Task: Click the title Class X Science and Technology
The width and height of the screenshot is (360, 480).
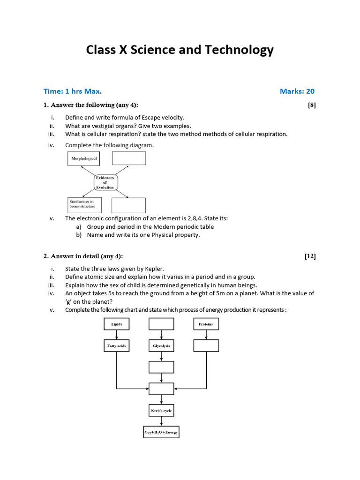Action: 180,51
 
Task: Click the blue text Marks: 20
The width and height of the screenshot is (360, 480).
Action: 297,91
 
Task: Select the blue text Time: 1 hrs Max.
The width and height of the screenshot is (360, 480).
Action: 73,91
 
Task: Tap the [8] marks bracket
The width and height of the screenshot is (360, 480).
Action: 312,105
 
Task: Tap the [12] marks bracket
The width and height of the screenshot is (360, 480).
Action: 310,256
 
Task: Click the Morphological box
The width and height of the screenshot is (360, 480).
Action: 84,159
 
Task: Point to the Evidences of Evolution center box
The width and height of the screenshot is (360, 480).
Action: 105,182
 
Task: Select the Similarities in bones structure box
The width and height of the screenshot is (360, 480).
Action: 84,204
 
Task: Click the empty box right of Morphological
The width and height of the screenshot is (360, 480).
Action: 128,159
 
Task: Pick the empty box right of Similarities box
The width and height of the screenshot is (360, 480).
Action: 128,205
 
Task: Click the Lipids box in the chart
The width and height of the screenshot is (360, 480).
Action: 116,324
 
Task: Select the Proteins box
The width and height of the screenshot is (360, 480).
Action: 206,324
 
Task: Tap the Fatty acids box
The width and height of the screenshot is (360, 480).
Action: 116,346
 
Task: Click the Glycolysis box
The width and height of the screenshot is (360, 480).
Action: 161,346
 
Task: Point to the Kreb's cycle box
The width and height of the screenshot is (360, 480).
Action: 161,411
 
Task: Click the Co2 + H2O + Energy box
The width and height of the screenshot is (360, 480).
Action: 161,432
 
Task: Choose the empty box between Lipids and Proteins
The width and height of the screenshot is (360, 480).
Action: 161,324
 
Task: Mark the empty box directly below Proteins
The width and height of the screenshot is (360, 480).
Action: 206,345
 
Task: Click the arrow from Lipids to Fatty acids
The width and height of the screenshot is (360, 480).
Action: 116,335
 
